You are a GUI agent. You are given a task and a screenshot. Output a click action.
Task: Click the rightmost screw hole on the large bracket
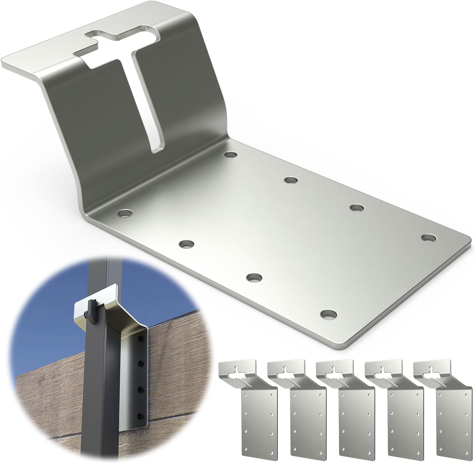429,238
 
